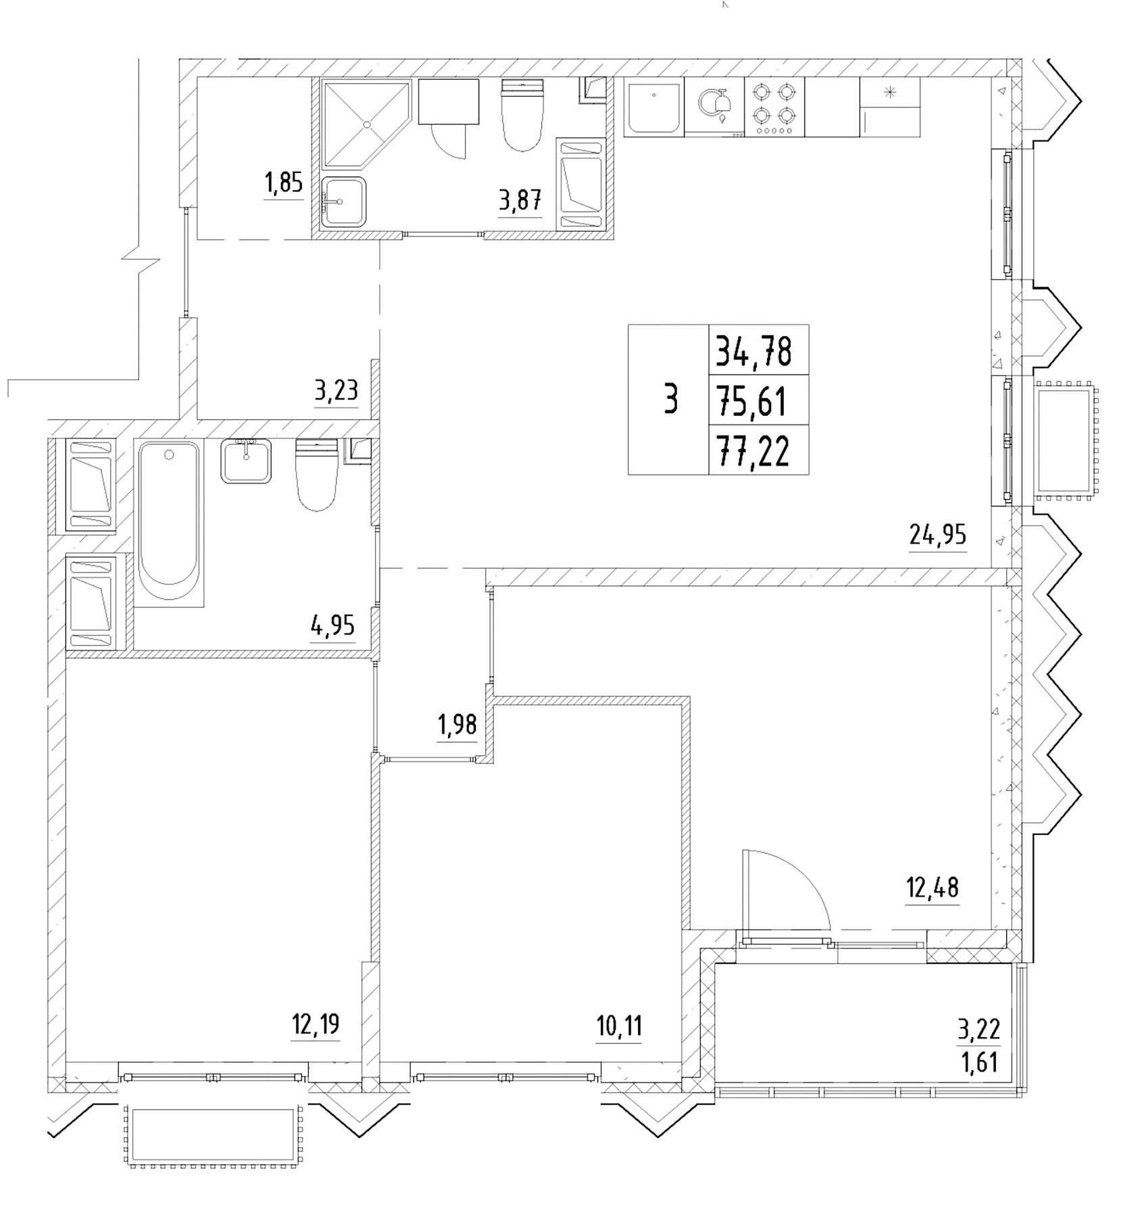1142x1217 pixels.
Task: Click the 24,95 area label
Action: [937, 535]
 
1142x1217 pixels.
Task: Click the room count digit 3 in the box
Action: [670, 399]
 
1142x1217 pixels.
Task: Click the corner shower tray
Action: [366, 124]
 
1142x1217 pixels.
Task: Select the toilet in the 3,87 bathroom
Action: [522, 115]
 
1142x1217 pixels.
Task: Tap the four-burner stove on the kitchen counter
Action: [774, 107]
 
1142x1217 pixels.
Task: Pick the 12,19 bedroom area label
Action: [316, 1024]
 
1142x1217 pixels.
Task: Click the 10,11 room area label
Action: [619, 1026]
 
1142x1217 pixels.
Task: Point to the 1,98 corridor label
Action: [457, 725]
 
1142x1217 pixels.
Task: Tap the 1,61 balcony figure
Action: [979, 1064]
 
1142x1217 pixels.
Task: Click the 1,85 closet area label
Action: [283, 183]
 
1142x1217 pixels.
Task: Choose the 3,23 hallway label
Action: [336, 390]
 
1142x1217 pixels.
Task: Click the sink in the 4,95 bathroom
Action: [246, 460]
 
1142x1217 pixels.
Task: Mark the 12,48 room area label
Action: [933, 886]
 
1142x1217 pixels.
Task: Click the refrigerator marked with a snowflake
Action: [889, 107]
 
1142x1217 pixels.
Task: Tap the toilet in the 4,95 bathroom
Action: [316, 477]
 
